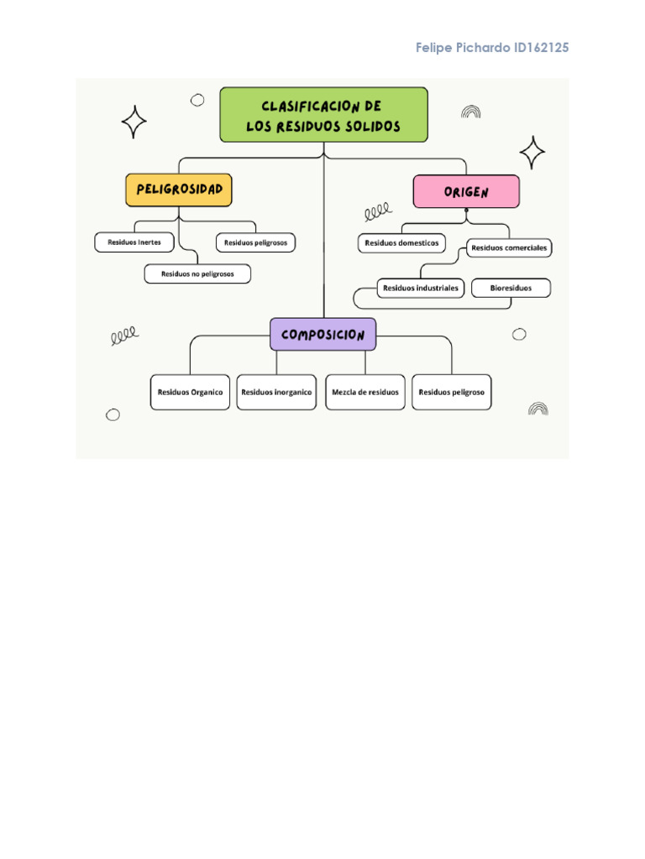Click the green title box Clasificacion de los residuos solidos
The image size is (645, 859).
pos(323,115)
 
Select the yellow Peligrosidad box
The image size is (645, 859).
pos(179,190)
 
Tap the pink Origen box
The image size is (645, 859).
pos(466,192)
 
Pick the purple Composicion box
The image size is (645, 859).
pos(323,334)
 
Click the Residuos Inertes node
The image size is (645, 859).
pos(134,242)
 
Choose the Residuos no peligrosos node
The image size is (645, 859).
pos(197,273)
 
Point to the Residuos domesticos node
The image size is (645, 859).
pos(401,243)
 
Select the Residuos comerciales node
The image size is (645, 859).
pos(509,247)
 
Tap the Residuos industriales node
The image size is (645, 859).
pos(421,288)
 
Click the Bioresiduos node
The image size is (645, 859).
pos(511,288)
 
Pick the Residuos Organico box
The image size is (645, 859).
pos(190,392)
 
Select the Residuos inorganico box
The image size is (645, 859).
pos(276,392)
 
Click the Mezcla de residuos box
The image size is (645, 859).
pos(365,392)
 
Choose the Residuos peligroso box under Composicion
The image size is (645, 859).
pos(452,392)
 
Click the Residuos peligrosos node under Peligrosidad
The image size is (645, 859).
pos(255,242)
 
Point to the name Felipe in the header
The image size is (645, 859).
pos(434,48)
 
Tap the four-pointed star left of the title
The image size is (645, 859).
pos(134,122)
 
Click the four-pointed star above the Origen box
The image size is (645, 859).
pos(532,153)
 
